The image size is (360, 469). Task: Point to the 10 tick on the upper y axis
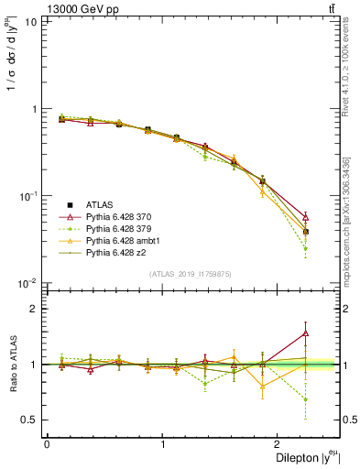[x=30, y=21]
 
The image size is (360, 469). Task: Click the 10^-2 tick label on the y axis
[x=27, y=284]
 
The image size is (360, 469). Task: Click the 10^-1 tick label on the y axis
[x=27, y=196]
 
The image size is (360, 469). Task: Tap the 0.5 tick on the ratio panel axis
[x=29, y=420]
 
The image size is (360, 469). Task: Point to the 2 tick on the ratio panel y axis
[x=33, y=309]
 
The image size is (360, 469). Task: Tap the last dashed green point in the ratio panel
[x=305, y=399]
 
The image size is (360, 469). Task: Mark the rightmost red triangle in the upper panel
[x=305, y=217]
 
